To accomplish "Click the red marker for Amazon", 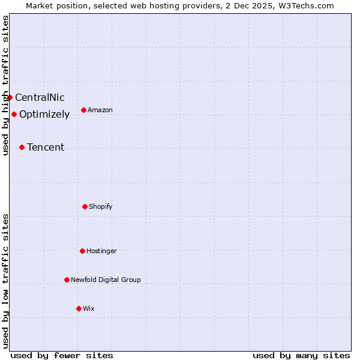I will click(x=83, y=110).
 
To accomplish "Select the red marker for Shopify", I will click(x=85, y=206).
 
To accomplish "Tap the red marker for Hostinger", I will click(x=82, y=251).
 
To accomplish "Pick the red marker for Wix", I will click(x=79, y=308).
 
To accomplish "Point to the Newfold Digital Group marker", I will click(x=67, y=280).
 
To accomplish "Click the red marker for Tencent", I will click(x=22, y=147).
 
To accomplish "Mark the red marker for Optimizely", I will click(x=14, y=114).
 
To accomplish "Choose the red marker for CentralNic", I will click(x=10, y=97).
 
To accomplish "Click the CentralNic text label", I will click(x=40, y=97).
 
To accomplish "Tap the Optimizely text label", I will click(x=44, y=114).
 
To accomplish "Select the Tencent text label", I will click(x=46, y=147).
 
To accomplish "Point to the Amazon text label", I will click(x=100, y=110).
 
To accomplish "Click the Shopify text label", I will click(x=101, y=206).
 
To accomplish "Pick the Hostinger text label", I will click(x=101, y=251).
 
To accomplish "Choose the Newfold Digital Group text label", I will click(x=106, y=280).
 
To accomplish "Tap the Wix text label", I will click(x=89, y=308).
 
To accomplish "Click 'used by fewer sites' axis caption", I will click(x=62, y=355).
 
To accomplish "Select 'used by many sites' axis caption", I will click(x=301, y=355).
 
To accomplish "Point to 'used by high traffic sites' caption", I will click(x=5, y=85).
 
